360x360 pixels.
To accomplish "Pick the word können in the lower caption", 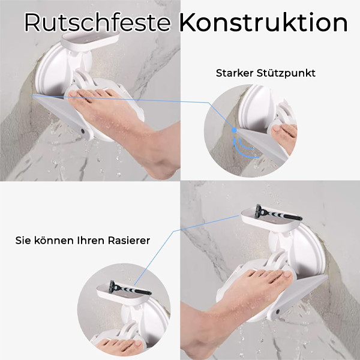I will tap(53, 241).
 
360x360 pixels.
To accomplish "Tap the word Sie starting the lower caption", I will tap(23, 241).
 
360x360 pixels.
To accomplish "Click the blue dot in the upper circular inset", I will tap(233, 128).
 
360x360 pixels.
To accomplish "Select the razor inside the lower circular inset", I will tap(123, 289).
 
